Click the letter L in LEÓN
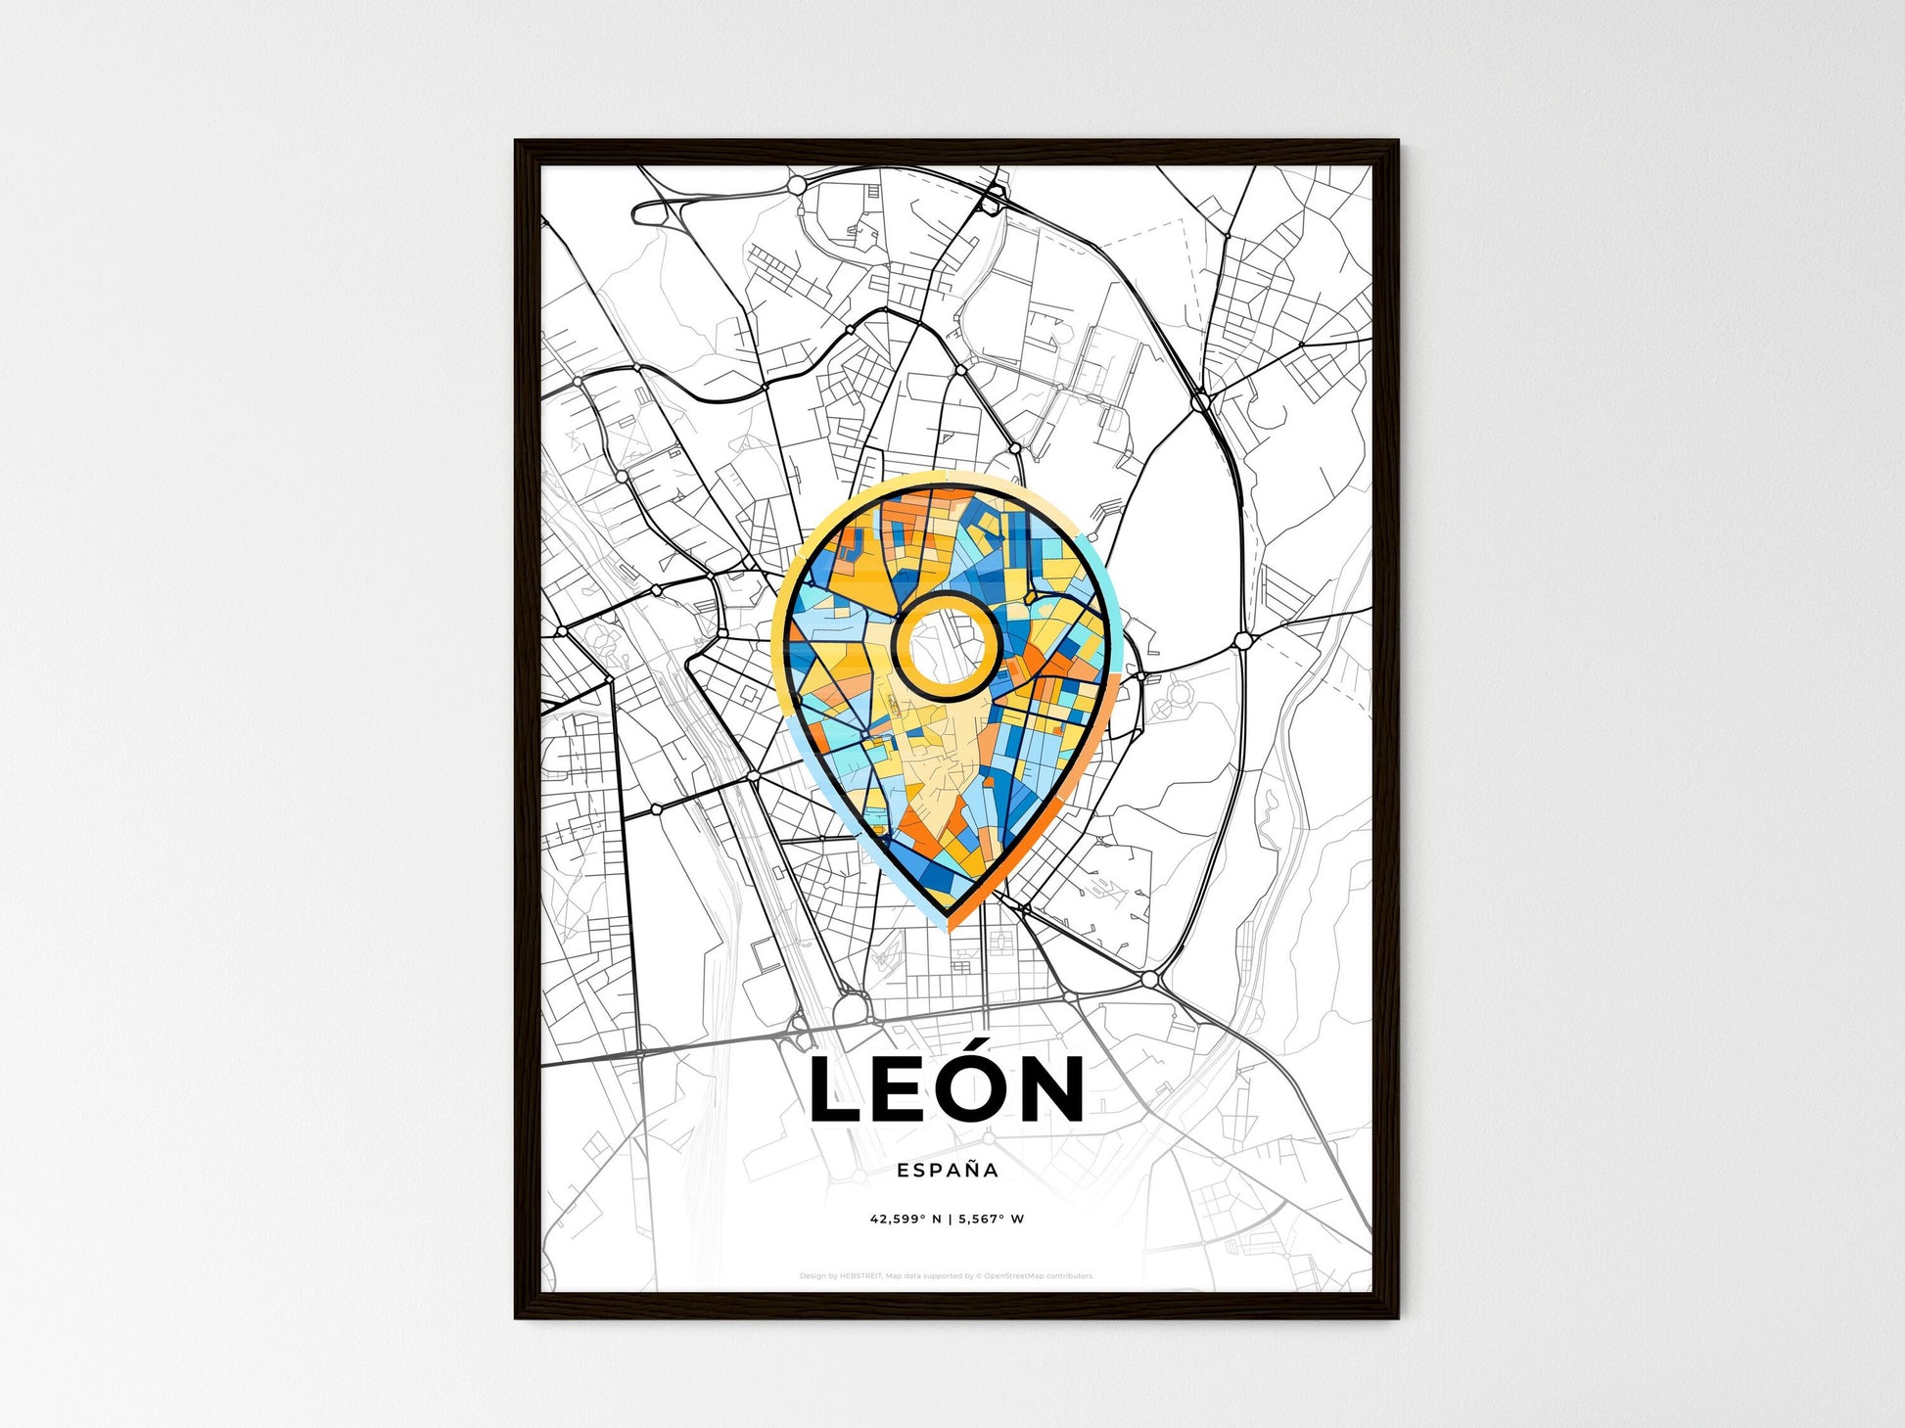[x=834, y=1088]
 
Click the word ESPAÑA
[x=947, y=1170]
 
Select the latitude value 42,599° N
[x=906, y=1220]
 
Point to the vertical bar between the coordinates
[x=950, y=1220]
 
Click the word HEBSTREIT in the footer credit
[x=860, y=1276]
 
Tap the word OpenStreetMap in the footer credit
[x=1013, y=1276]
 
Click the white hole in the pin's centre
[x=947, y=645]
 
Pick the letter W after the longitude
[x=1018, y=1220]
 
